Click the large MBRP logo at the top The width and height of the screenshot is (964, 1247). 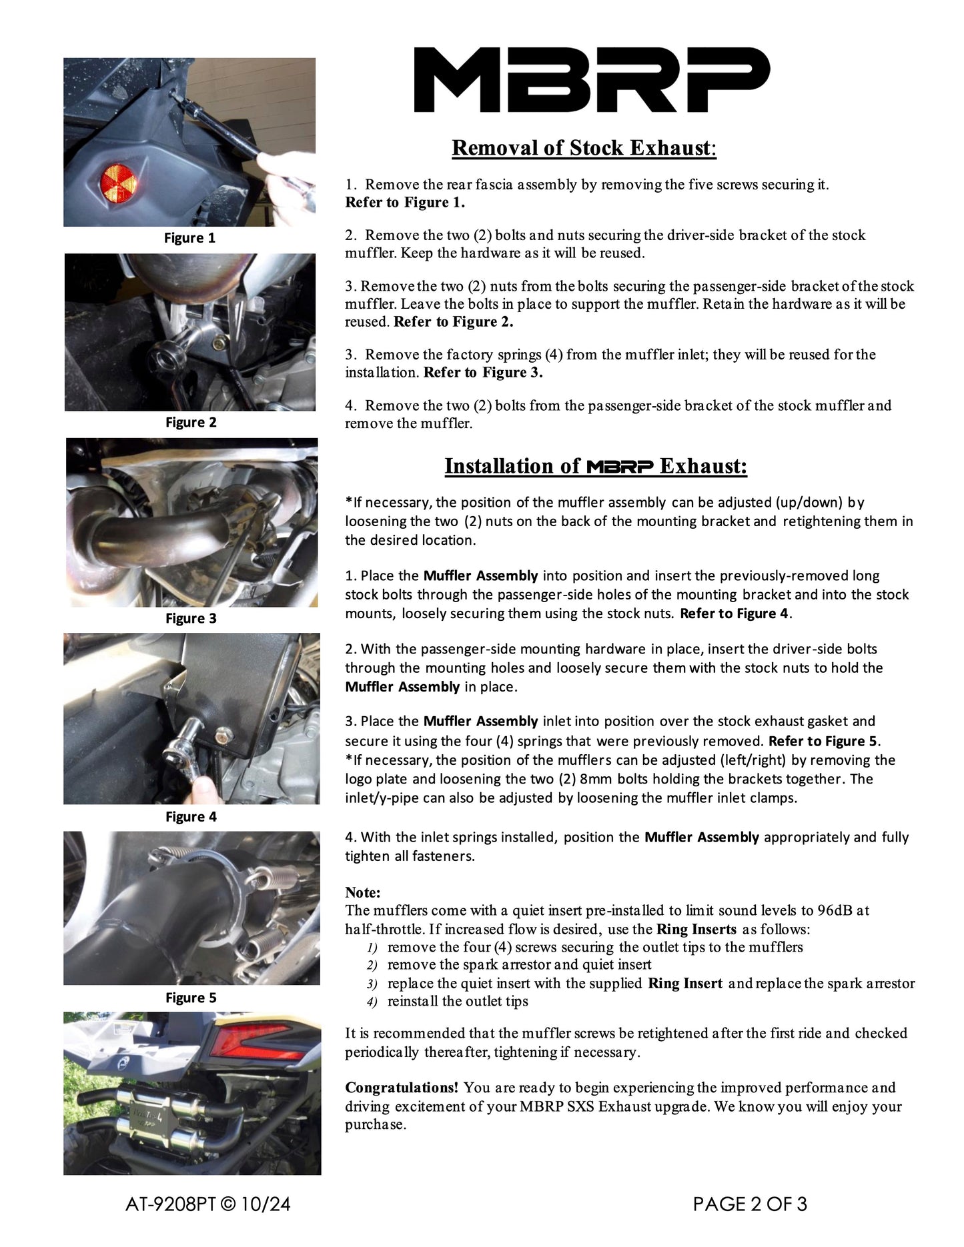(591, 79)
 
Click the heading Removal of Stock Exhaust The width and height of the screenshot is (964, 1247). (584, 148)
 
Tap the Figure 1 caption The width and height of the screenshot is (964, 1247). (189, 238)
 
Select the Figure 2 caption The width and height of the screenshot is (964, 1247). (191, 423)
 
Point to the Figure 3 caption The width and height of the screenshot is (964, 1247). (191, 619)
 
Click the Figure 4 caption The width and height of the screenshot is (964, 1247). (191, 817)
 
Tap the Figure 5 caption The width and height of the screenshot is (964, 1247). (191, 998)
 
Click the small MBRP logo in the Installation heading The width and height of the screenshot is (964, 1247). (620, 467)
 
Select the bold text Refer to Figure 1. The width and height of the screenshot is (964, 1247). (404, 203)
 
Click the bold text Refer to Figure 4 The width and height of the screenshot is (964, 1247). (734, 613)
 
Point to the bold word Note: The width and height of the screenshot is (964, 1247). (362, 893)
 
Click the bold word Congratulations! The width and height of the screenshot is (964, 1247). (402, 1088)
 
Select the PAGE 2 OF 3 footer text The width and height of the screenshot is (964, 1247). (750, 1204)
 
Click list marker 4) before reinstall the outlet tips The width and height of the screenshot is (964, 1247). (372, 1002)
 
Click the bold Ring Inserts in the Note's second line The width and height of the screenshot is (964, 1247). (696, 930)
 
